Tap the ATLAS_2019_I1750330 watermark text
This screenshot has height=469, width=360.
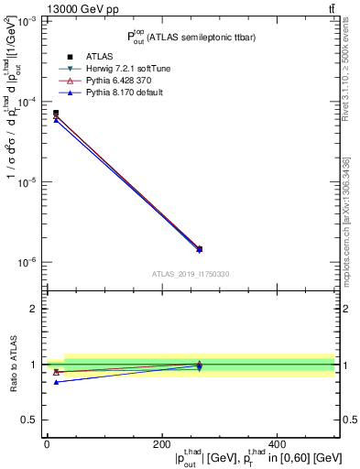coord(190,274)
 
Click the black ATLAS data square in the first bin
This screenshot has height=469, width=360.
coord(56,113)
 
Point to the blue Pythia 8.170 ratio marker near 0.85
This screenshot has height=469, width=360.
coord(56,382)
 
